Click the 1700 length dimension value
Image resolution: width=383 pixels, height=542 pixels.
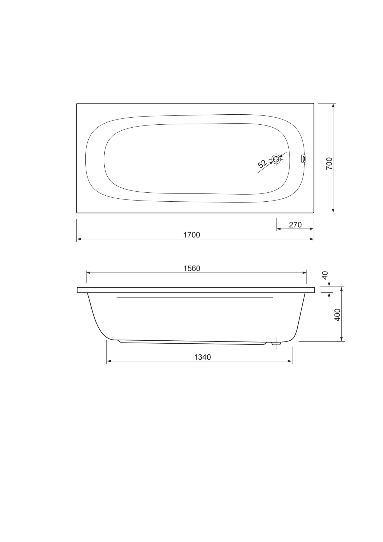pyautogui.click(x=192, y=235)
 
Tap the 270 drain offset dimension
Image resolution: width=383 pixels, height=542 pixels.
pyautogui.click(x=295, y=225)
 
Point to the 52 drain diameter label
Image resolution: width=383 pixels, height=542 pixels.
pyautogui.click(x=262, y=164)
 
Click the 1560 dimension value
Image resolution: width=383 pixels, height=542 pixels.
pyautogui.click(x=192, y=268)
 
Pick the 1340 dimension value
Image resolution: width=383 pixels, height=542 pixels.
pyautogui.click(x=202, y=357)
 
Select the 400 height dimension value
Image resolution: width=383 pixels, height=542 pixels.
pyautogui.click(x=337, y=315)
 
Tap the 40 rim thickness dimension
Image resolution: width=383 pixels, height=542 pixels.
pyautogui.click(x=325, y=275)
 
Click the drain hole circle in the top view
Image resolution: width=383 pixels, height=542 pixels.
pyautogui.click(x=276, y=159)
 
